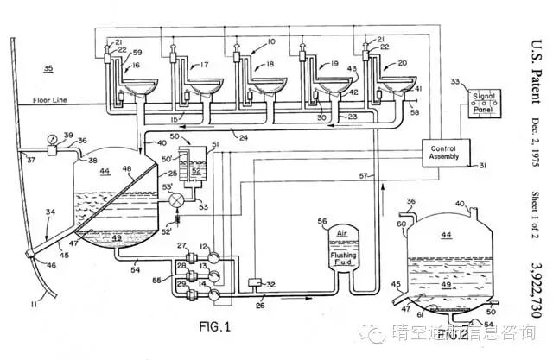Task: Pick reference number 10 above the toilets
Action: click(x=270, y=41)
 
